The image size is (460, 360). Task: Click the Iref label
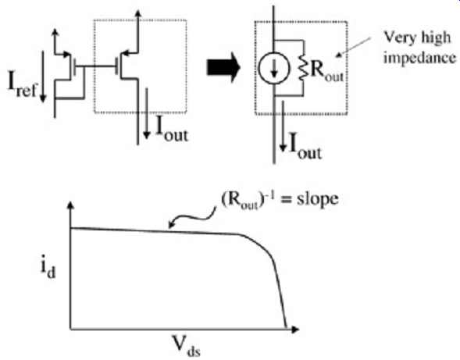(x=23, y=85)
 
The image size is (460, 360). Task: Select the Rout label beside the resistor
(x=326, y=72)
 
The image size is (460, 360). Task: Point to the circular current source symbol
(x=274, y=68)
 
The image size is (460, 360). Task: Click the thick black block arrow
(x=223, y=67)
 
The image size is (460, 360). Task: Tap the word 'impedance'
(x=420, y=59)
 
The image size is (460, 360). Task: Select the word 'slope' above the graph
(x=318, y=199)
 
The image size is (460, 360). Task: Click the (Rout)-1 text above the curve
(x=248, y=201)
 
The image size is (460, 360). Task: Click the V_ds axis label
(x=186, y=345)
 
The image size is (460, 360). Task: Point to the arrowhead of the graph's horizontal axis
(x=295, y=330)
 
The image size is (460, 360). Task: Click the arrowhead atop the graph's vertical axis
(x=71, y=205)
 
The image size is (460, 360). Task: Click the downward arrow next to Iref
(x=43, y=77)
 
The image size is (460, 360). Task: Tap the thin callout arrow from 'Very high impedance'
(x=353, y=47)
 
